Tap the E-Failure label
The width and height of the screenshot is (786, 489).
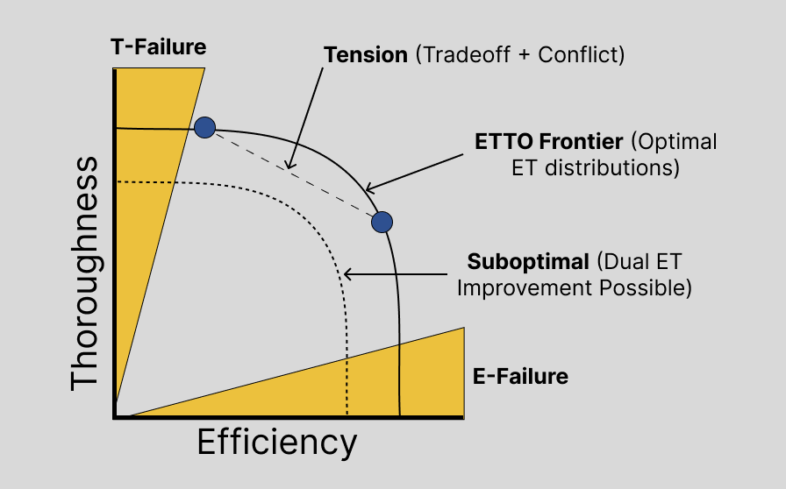click(520, 378)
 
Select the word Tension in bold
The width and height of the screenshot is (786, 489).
click(366, 54)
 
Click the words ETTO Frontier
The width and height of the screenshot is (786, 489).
click(549, 141)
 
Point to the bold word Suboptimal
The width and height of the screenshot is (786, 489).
click(528, 262)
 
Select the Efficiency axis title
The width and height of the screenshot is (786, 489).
click(277, 443)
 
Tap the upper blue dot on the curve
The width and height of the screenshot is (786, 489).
click(204, 128)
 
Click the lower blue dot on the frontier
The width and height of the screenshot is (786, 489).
click(382, 222)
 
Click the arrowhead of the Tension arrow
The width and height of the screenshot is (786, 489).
click(288, 166)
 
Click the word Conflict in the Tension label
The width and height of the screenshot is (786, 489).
click(579, 54)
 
